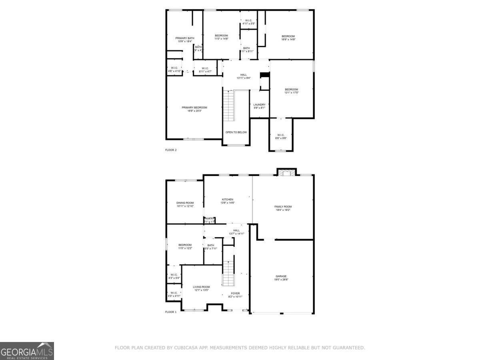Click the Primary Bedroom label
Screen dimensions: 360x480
[x=194, y=108]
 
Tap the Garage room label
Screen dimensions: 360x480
[x=281, y=276]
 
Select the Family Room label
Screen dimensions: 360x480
[x=283, y=207]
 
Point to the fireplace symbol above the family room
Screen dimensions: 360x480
[x=286, y=173]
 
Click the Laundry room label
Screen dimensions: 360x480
[x=259, y=105]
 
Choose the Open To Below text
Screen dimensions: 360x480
[x=236, y=132]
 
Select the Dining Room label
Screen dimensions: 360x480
[x=185, y=203]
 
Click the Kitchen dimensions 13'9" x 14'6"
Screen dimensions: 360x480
[x=228, y=203]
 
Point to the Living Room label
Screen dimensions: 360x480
[x=201, y=287]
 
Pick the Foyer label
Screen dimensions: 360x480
[x=235, y=293]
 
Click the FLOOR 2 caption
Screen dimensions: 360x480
[x=171, y=150]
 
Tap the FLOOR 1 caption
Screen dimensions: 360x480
[x=171, y=312]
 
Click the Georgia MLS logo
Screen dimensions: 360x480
[x=27, y=351]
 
